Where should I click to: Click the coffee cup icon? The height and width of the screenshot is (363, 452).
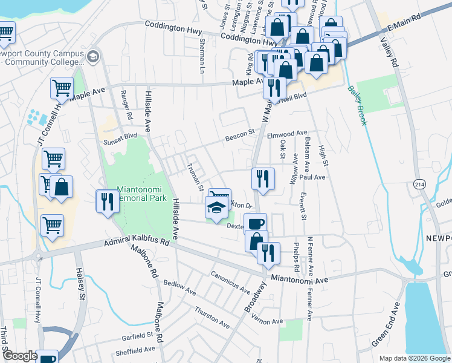[255, 223]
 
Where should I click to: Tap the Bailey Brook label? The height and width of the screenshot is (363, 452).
[357, 105]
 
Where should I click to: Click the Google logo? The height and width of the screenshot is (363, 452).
[19, 356]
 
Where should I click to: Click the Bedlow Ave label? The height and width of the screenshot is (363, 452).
[179, 287]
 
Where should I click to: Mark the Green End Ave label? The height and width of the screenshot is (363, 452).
[386, 328]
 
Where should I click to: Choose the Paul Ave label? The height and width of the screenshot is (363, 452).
[312, 178]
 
